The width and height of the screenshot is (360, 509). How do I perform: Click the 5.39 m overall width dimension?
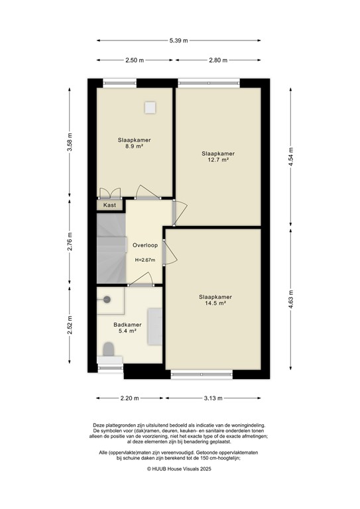pyautogui.click(x=180, y=40)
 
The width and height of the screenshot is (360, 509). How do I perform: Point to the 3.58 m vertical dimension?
pyautogui.click(x=69, y=142)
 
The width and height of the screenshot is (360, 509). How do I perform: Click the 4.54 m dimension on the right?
pyautogui.click(x=290, y=160)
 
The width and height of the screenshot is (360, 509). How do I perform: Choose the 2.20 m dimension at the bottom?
pyautogui.click(x=129, y=398)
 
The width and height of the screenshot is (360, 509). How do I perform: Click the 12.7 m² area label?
pyautogui.click(x=219, y=160)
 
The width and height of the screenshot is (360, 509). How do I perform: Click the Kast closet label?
pyautogui.click(x=110, y=205)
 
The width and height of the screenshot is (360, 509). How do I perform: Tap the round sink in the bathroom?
pyautogui.click(x=107, y=299)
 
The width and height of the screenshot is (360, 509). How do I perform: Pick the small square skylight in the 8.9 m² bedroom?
pyautogui.click(x=150, y=106)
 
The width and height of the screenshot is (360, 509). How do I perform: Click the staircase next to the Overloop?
pyautogui.click(x=111, y=249)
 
